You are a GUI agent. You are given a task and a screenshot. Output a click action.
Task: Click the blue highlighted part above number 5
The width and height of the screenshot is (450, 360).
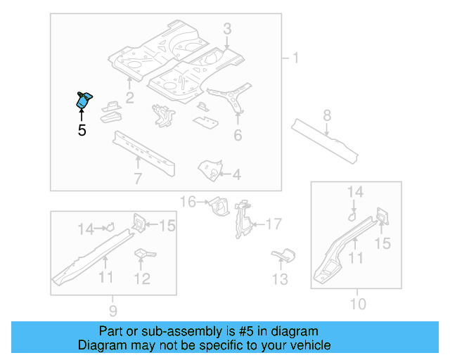pyautogui.click(x=84, y=101)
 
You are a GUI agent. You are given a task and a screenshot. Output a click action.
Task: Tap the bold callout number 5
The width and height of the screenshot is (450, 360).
pyautogui.click(x=82, y=130)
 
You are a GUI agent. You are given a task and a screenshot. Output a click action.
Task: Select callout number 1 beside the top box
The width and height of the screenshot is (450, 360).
pyautogui.click(x=295, y=58)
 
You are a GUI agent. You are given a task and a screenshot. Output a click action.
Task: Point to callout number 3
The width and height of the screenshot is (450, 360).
pyautogui.click(x=227, y=29)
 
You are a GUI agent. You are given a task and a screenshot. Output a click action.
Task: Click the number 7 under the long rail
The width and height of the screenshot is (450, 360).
pyautogui.click(x=138, y=179)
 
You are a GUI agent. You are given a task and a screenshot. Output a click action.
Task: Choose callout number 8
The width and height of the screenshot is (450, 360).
pyautogui.click(x=327, y=115)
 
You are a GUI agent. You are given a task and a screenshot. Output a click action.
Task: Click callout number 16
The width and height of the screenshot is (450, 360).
pyautogui.click(x=188, y=202)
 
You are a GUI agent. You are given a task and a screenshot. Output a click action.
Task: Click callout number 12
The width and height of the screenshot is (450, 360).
pyautogui.click(x=142, y=279)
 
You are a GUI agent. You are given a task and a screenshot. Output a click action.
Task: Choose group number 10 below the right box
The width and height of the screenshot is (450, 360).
pyautogui.click(x=358, y=304)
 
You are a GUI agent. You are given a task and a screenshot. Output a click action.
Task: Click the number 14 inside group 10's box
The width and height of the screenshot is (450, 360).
pyautogui.click(x=355, y=191)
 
